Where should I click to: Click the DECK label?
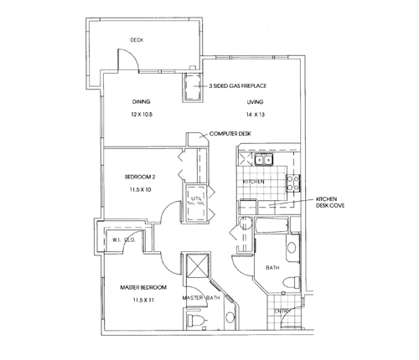137,40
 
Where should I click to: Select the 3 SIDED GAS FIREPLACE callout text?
238,86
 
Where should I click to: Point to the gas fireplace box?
193,87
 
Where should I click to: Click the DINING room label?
141,102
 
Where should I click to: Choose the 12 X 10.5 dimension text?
142,115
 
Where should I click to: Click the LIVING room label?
255,102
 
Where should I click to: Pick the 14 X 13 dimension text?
256,115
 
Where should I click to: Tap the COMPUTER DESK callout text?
230,134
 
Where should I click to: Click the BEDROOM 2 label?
140,177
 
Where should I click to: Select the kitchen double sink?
264,160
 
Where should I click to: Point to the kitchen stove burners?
293,183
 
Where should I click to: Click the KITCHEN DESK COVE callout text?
330,203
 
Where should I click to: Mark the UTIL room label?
196,198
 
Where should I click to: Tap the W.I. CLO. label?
124,239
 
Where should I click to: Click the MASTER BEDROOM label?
143,287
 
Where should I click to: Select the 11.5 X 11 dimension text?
143,301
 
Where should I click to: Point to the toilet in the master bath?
196,320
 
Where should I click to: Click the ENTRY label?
282,311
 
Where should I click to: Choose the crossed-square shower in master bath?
198,265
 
